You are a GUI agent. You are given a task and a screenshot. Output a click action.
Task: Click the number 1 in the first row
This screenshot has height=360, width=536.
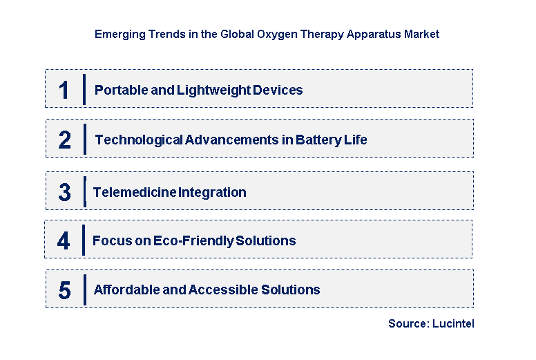click(x=64, y=90)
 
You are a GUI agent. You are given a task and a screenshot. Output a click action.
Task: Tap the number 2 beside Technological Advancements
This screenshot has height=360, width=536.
click(x=65, y=140)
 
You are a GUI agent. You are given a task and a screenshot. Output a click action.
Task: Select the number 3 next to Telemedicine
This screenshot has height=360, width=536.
click(x=64, y=192)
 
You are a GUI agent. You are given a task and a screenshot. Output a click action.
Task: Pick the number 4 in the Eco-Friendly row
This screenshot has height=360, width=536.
click(x=64, y=240)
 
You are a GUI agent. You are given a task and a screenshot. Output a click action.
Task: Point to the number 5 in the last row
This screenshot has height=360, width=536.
click(x=64, y=290)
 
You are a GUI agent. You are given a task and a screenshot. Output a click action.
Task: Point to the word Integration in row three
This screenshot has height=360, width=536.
click(x=213, y=192)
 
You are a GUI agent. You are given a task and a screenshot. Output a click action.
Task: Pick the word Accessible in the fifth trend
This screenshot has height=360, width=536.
click(x=218, y=290)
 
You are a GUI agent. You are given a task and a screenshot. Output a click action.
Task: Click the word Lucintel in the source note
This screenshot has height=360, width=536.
click(x=454, y=323)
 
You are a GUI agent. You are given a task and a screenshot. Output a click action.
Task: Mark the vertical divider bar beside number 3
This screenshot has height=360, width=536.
click(x=84, y=191)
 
